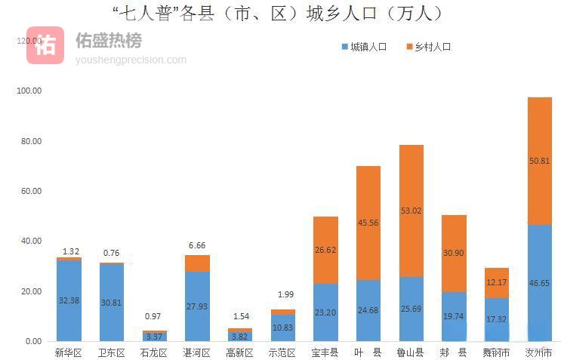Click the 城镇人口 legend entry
click(364, 47)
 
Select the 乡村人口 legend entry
click(428, 47)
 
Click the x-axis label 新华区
click(69, 352)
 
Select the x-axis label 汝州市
click(539, 352)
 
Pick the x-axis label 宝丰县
click(325, 352)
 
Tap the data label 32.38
click(69, 300)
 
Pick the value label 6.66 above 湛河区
click(197, 246)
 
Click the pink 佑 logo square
click(45, 45)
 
